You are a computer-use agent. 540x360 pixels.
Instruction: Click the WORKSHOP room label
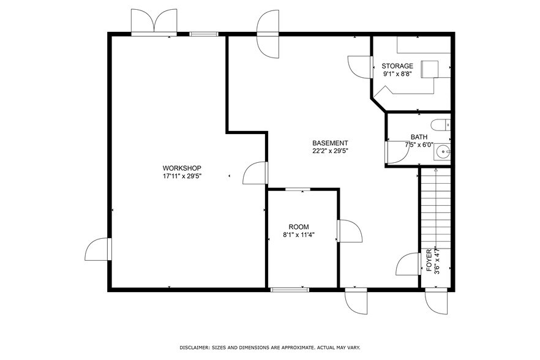click(x=182, y=168)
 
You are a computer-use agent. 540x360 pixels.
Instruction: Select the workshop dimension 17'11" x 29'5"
click(x=182, y=176)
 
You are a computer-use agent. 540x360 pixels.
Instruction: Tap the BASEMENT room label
click(x=331, y=143)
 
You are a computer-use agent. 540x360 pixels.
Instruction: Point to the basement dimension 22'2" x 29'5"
click(x=331, y=151)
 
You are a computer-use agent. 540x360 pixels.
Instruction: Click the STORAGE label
click(x=397, y=66)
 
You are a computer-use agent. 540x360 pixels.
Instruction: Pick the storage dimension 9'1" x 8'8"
click(x=397, y=74)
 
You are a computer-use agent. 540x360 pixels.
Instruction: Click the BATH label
click(x=419, y=137)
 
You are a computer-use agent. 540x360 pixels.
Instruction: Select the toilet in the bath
click(x=440, y=126)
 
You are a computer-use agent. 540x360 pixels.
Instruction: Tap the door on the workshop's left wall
click(x=98, y=250)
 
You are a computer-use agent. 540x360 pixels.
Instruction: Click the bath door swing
click(x=397, y=152)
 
